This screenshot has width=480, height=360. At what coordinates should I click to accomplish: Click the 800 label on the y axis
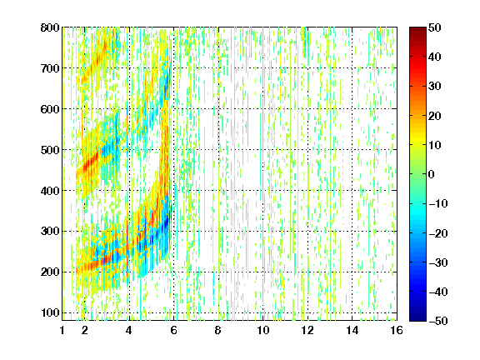(50, 27)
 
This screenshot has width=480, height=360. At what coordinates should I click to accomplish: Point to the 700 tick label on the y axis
(50, 68)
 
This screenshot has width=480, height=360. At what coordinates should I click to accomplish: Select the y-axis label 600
(50, 109)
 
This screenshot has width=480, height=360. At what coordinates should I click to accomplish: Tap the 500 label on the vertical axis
(50, 150)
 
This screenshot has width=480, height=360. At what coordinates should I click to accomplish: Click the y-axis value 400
(50, 191)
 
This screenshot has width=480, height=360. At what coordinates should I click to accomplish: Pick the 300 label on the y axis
(50, 232)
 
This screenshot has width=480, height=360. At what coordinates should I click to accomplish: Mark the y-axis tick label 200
(50, 272)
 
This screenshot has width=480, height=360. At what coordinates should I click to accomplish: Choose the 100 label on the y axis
(50, 312)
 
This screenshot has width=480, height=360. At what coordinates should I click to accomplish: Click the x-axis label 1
(62, 330)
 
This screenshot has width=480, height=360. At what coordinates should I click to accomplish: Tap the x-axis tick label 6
(173, 330)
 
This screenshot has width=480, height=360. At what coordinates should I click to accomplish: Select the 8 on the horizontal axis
(218, 330)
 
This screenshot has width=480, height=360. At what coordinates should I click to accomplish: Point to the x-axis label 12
(307, 330)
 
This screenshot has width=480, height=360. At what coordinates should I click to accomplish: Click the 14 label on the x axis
(352, 330)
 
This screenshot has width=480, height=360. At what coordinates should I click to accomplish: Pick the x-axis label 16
(397, 330)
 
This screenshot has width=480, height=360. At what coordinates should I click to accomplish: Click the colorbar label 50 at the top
(434, 27)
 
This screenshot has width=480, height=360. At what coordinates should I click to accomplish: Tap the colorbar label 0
(432, 174)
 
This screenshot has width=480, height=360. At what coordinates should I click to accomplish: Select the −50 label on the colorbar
(438, 321)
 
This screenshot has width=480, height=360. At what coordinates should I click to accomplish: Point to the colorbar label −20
(438, 233)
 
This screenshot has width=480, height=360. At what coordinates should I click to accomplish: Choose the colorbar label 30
(434, 87)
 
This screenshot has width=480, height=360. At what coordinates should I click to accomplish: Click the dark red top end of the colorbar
(417, 29)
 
